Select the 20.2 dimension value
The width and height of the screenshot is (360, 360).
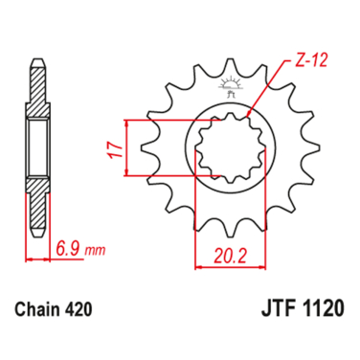coord(231,256)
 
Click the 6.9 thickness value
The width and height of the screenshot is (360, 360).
coord(69,248)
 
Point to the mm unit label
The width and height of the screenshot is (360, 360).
coord(95,250)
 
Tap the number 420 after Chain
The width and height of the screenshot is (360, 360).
coord(79,309)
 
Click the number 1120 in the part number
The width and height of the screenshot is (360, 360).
coord(323,308)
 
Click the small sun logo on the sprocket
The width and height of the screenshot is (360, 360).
coord(230,83)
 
